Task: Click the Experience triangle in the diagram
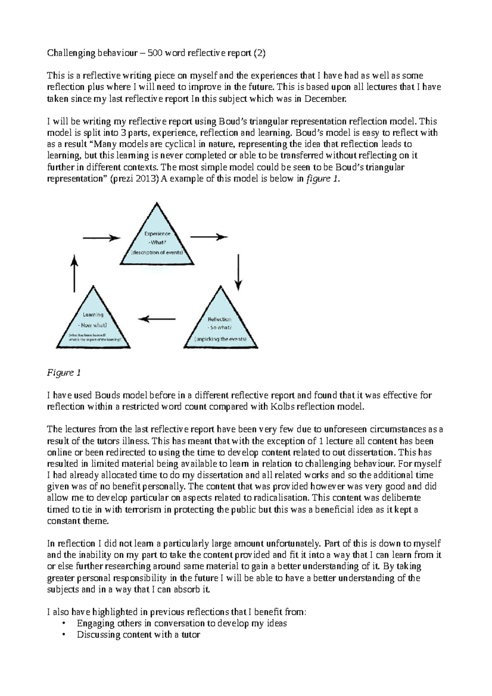coord(157,242)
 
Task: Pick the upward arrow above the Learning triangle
coord(74,273)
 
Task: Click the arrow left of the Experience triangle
coord(101,238)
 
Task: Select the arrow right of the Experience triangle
coord(209,237)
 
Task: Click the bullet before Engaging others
coord(64,624)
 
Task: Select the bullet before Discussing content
coord(64,635)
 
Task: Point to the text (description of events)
coord(157,252)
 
